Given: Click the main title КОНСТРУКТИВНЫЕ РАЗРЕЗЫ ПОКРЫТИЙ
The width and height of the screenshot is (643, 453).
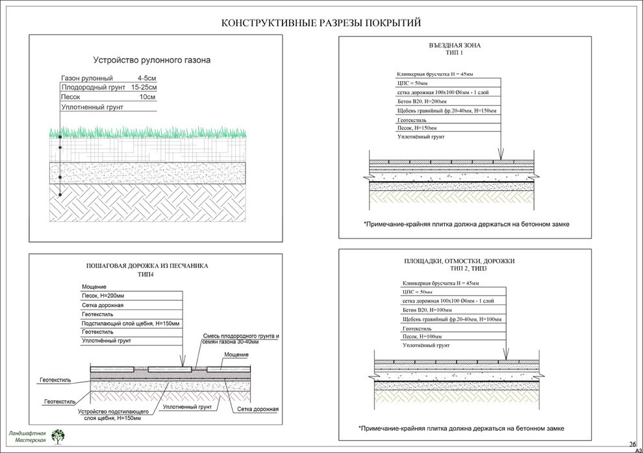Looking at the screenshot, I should tap(321, 23).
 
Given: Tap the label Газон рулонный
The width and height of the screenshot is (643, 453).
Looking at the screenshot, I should tap(87, 78).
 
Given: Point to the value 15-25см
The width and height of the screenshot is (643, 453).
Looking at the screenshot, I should tap(144, 87).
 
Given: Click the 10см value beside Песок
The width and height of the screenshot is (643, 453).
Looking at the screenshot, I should tap(147, 97).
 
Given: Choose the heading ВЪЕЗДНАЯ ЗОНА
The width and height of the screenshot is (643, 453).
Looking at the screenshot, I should tap(454, 45).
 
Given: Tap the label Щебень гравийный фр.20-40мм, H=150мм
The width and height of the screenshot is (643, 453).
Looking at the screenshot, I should tap(446, 111).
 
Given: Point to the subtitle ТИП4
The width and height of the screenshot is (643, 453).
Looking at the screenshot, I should tap(147, 275).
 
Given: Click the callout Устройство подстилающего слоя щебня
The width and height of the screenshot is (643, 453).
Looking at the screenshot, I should tap(114, 415).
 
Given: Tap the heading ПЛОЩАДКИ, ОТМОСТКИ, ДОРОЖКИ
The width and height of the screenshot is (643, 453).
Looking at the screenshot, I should tap(459, 261).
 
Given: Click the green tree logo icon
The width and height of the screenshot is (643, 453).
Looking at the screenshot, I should tap(58, 436).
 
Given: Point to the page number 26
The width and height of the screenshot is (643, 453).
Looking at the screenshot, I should tap(632, 443).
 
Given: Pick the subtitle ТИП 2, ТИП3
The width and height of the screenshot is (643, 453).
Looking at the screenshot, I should tap(459, 269).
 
